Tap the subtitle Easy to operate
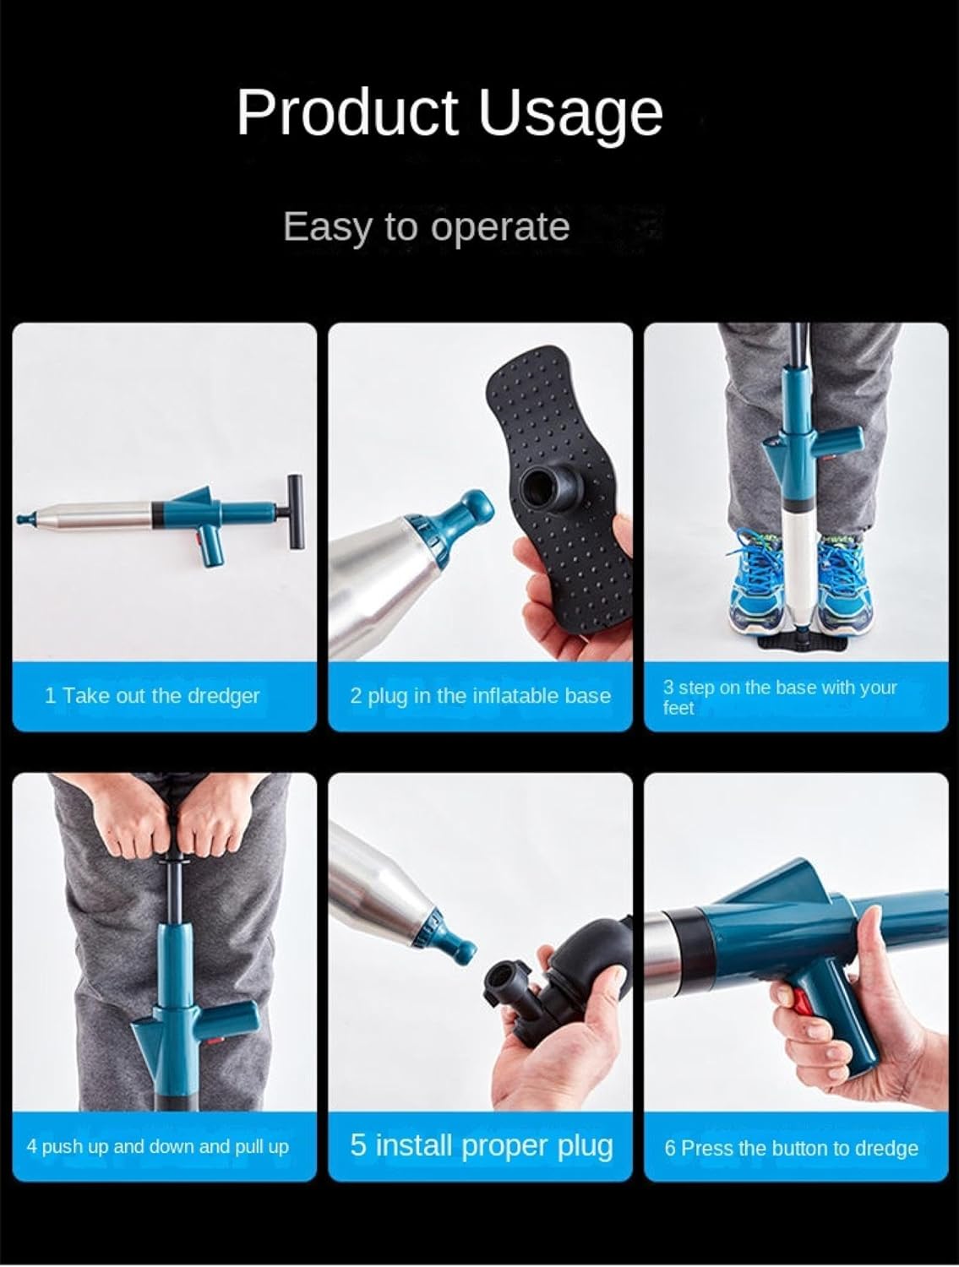[x=426, y=227]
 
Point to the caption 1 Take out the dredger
[x=152, y=695]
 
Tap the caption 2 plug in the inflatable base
[x=481, y=695]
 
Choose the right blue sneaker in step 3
[x=844, y=583]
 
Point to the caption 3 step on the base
[x=779, y=698]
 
